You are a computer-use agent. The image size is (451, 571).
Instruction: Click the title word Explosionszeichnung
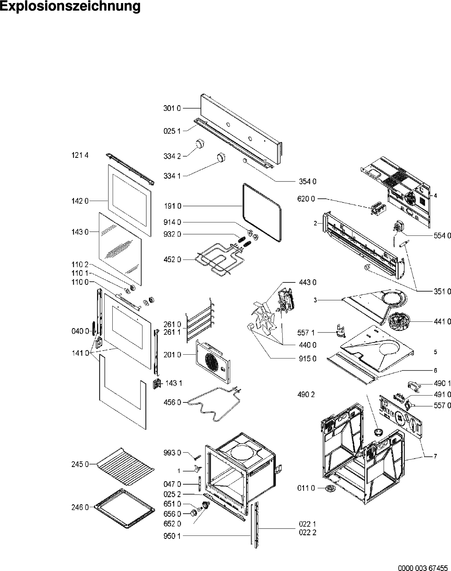tap(70, 7)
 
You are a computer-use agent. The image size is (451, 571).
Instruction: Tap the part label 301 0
tap(172, 109)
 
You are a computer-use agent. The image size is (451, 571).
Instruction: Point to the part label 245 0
tap(79, 464)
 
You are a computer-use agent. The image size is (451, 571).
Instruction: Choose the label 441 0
tap(442, 322)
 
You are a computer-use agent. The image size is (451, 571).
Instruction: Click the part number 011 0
tap(307, 488)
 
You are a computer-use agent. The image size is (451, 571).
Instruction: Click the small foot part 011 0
tap(329, 488)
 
